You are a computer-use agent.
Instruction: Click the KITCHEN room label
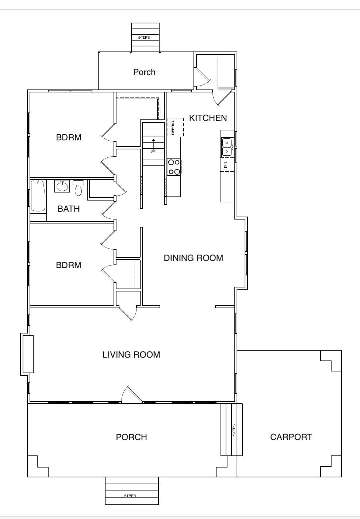(x=208, y=118)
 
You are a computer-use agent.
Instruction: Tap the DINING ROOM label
(x=194, y=258)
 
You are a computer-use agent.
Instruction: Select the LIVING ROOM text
(x=131, y=355)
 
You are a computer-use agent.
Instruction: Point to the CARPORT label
(x=291, y=437)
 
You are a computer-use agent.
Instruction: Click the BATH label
(x=69, y=209)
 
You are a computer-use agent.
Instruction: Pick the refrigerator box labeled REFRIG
(x=176, y=127)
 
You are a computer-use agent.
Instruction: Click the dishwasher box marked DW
(x=227, y=164)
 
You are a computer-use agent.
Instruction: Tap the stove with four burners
(x=174, y=167)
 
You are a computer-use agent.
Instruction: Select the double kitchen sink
(x=227, y=147)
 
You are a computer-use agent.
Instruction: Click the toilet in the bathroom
(x=78, y=188)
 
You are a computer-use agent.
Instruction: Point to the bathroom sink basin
(x=62, y=186)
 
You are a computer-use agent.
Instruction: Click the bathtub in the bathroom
(x=38, y=196)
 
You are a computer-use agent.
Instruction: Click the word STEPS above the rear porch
(x=144, y=37)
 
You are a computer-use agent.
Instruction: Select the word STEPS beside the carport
(x=234, y=430)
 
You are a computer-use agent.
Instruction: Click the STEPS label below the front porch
(x=130, y=496)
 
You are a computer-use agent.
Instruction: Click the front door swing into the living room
(x=131, y=394)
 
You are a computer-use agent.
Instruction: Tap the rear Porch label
(x=144, y=72)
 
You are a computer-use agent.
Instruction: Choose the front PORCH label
(x=131, y=437)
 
